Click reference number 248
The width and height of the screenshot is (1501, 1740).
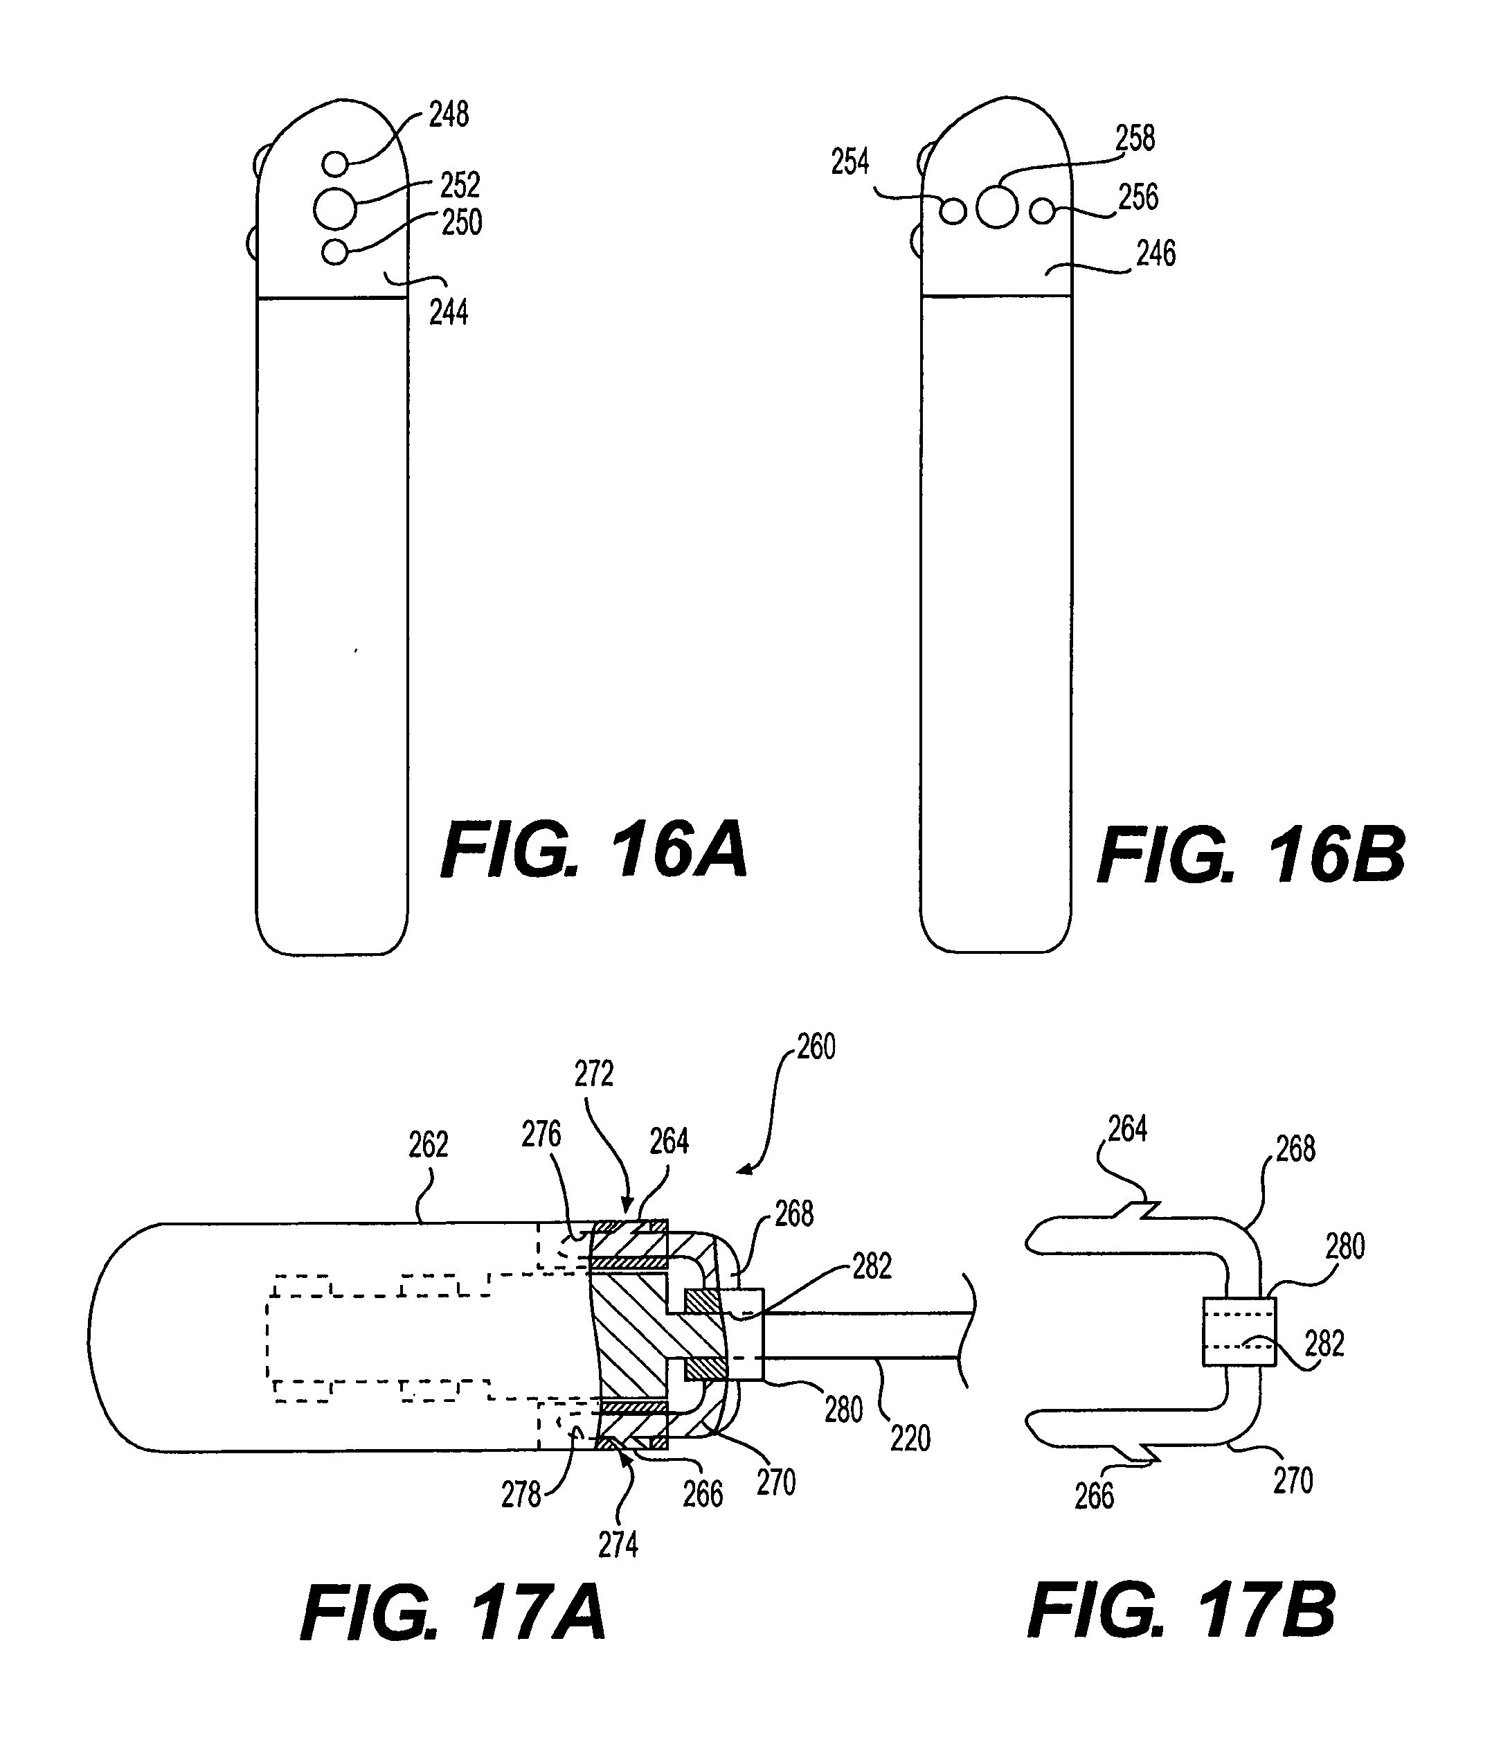[x=449, y=115]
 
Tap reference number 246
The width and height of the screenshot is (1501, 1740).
[x=1156, y=254]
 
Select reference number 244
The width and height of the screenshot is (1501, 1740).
[x=448, y=312]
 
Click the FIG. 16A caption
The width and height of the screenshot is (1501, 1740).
[x=594, y=851]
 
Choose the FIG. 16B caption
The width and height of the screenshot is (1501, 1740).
[x=1252, y=855]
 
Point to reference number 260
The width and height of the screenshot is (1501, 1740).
[x=816, y=1047]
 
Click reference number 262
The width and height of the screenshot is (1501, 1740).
[x=428, y=1144]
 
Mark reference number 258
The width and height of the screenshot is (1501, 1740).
[x=1135, y=139]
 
